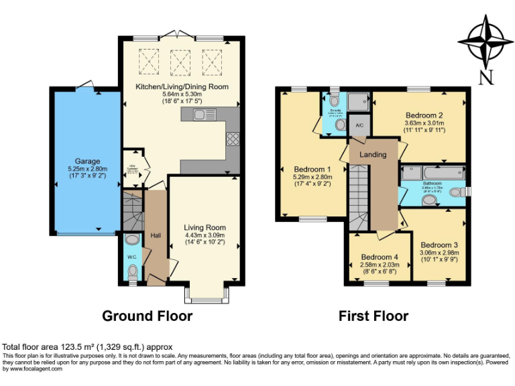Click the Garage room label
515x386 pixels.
pyautogui.click(x=87, y=161)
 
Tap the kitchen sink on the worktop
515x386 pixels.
pyautogui.click(x=201, y=115)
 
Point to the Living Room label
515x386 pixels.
pyautogui.click(x=205, y=227)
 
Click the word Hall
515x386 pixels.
pyautogui.click(x=156, y=235)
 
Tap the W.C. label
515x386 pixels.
pyautogui.click(x=132, y=255)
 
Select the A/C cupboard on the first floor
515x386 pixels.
pyautogui.click(x=359, y=125)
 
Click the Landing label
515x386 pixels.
pyautogui.click(x=373, y=155)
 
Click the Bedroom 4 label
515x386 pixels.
pyautogui.click(x=380, y=257)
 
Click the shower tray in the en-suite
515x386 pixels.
pyautogui.click(x=357, y=101)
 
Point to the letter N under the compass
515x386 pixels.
pyautogui.click(x=487, y=77)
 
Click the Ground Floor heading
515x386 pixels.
pyautogui.click(x=147, y=316)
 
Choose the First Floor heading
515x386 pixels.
pyautogui.click(x=373, y=316)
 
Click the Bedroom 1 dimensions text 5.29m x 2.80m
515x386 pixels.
pyautogui.click(x=312, y=177)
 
